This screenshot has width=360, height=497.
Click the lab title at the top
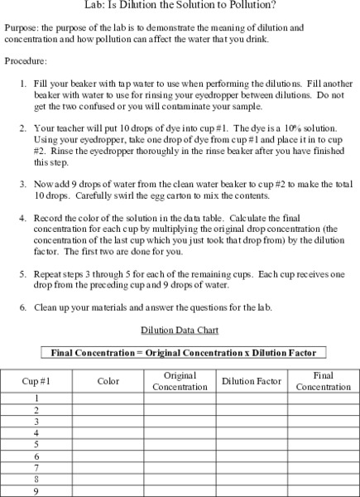coord(180,7)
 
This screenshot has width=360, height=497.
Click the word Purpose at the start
coord(22,27)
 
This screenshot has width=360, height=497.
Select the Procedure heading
coord(26,61)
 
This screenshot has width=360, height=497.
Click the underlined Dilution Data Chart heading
coord(180,330)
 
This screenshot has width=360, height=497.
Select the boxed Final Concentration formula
coord(184,352)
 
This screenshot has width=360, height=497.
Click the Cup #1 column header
coord(36,381)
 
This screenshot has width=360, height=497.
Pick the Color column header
coord(108,381)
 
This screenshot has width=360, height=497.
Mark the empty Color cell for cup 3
coord(108,422)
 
